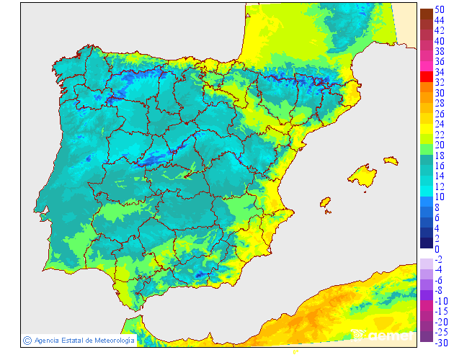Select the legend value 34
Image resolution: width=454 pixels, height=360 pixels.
[440, 72]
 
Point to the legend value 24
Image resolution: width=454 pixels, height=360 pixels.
[440, 124]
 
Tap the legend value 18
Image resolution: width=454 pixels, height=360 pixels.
[440, 155]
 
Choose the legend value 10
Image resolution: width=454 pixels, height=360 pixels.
[440, 197]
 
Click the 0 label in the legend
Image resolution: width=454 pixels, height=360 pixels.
[437, 249]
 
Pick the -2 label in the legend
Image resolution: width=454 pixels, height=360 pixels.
[439, 259]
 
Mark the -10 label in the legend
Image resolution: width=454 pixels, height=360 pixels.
[441, 301]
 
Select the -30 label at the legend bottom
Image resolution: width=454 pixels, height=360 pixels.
[441, 343]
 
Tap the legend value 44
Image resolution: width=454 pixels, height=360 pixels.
[440, 20]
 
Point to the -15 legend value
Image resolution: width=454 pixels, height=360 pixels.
[441, 311]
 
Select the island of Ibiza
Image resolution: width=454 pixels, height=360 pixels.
[325, 203]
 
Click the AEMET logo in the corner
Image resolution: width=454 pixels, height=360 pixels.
[382, 335]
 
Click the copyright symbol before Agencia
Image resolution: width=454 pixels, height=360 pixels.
[27, 340]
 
